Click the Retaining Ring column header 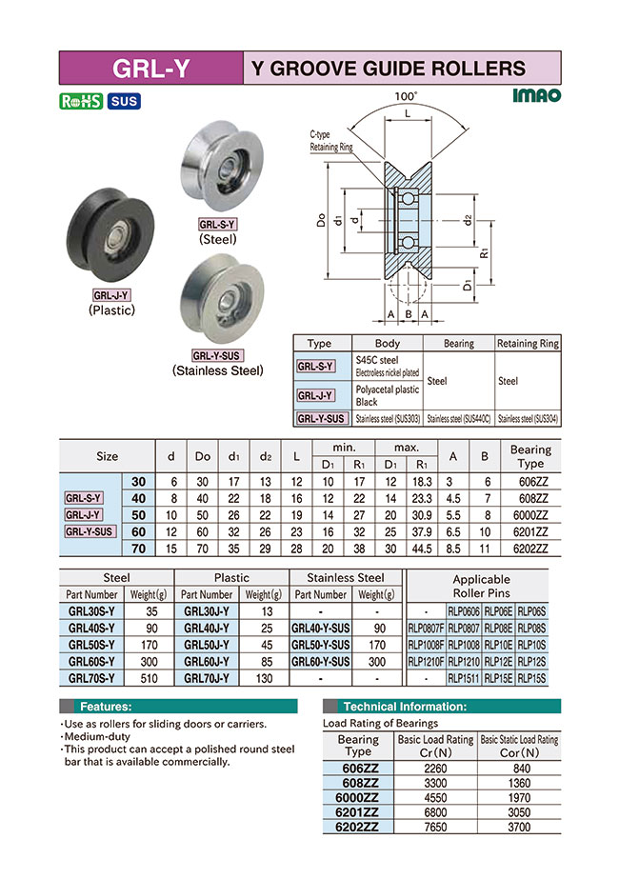tap(529, 344)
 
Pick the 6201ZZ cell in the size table tap(530, 532)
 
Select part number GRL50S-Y tap(91, 644)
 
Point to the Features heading tap(106, 707)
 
